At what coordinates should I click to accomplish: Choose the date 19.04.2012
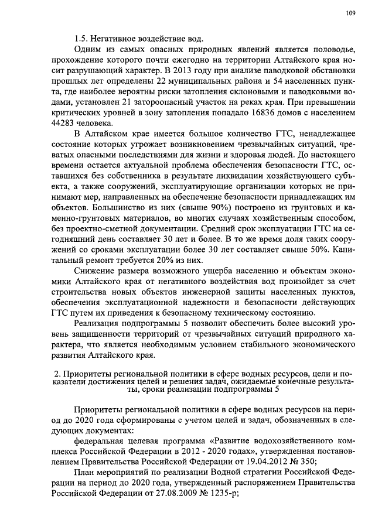pyautogui.click(x=255, y=461)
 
